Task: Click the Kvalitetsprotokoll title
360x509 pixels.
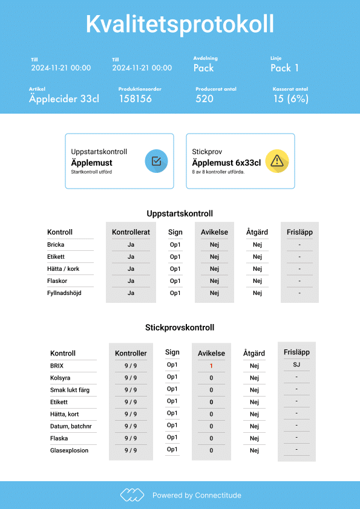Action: click(x=180, y=24)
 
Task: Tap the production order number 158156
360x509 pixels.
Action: click(x=135, y=99)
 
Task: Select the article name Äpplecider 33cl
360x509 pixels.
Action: click(x=64, y=99)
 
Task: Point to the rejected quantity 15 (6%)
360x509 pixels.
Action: click(x=290, y=99)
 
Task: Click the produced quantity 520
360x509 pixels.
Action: click(x=205, y=99)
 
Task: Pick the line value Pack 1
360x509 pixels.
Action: click(x=284, y=68)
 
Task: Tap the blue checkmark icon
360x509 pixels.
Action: click(x=156, y=161)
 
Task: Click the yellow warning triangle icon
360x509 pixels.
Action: click(x=277, y=161)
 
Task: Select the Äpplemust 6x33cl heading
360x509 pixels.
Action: click(x=226, y=163)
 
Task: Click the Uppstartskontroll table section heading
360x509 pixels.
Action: click(x=180, y=213)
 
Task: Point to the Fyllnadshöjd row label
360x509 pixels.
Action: click(x=64, y=293)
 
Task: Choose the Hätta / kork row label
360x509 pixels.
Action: click(x=63, y=269)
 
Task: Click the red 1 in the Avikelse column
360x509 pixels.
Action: click(x=211, y=366)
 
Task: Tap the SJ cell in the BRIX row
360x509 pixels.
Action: click(x=296, y=365)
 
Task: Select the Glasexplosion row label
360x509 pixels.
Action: click(x=69, y=450)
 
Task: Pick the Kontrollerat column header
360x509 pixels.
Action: click(x=131, y=232)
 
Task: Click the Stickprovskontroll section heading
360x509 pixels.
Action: click(x=180, y=328)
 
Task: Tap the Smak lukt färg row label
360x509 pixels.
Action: click(x=70, y=390)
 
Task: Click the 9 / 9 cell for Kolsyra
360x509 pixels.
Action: click(x=131, y=378)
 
